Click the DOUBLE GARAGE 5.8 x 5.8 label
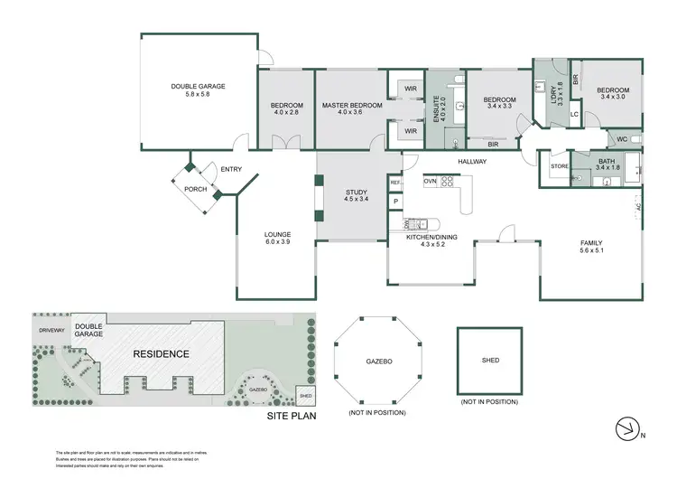click(198, 90)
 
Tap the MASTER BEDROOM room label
click(352, 110)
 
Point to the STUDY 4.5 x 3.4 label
click(357, 197)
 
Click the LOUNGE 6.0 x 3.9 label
click(278, 239)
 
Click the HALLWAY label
click(471, 162)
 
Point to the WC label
click(622, 139)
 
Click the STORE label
click(559, 166)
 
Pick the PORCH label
click(195, 189)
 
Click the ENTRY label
click(230, 169)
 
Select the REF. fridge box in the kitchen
click(395, 183)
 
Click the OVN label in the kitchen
click(430, 181)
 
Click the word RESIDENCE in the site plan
click(162, 353)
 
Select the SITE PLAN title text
click(291, 418)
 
